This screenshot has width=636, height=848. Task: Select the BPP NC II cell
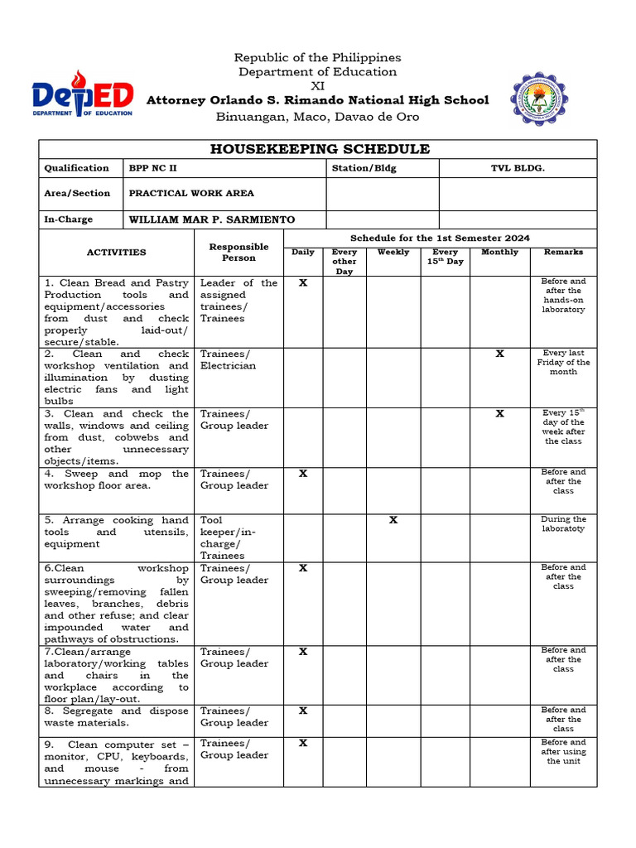(152, 168)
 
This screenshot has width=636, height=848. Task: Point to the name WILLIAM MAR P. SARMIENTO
(211, 219)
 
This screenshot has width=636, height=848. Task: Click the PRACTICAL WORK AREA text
(191, 193)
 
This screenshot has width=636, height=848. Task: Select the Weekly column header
(393, 252)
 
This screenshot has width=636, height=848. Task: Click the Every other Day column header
(344, 261)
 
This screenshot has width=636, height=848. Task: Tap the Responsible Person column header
(238, 252)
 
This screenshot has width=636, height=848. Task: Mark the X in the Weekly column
(393, 520)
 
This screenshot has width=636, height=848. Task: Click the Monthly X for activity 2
(499, 354)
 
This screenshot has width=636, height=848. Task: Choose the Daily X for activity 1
(303, 282)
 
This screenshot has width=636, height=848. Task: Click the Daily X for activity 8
(303, 711)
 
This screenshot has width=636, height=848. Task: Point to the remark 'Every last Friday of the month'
(563, 362)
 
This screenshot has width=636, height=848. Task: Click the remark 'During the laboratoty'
(563, 523)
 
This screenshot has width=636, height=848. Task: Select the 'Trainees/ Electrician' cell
(228, 359)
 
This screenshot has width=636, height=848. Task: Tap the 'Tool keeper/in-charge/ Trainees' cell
(228, 537)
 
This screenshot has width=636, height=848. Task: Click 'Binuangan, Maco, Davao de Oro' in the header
(318, 117)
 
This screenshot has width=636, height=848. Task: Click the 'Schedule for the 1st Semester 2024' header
(440, 238)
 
